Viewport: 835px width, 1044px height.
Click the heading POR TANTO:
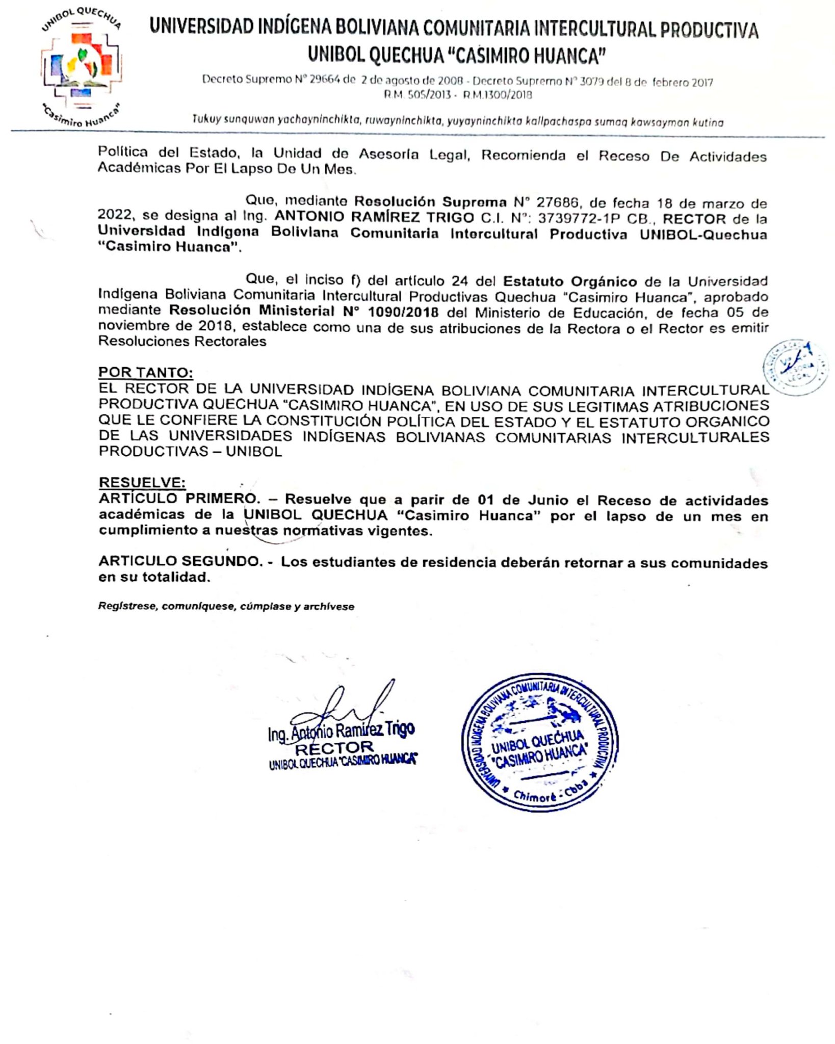145,372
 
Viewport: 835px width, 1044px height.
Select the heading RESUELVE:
142,482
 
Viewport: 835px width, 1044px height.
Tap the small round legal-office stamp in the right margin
795,367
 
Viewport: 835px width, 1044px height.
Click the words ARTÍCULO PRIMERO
179,499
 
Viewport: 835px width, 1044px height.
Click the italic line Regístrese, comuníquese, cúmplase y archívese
226,607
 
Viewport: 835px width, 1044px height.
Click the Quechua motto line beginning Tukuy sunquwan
457,121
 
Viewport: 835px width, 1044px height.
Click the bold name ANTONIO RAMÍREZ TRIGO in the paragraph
374,217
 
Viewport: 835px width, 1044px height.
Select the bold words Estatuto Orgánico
569,281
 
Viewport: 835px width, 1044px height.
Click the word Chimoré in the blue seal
534,795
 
